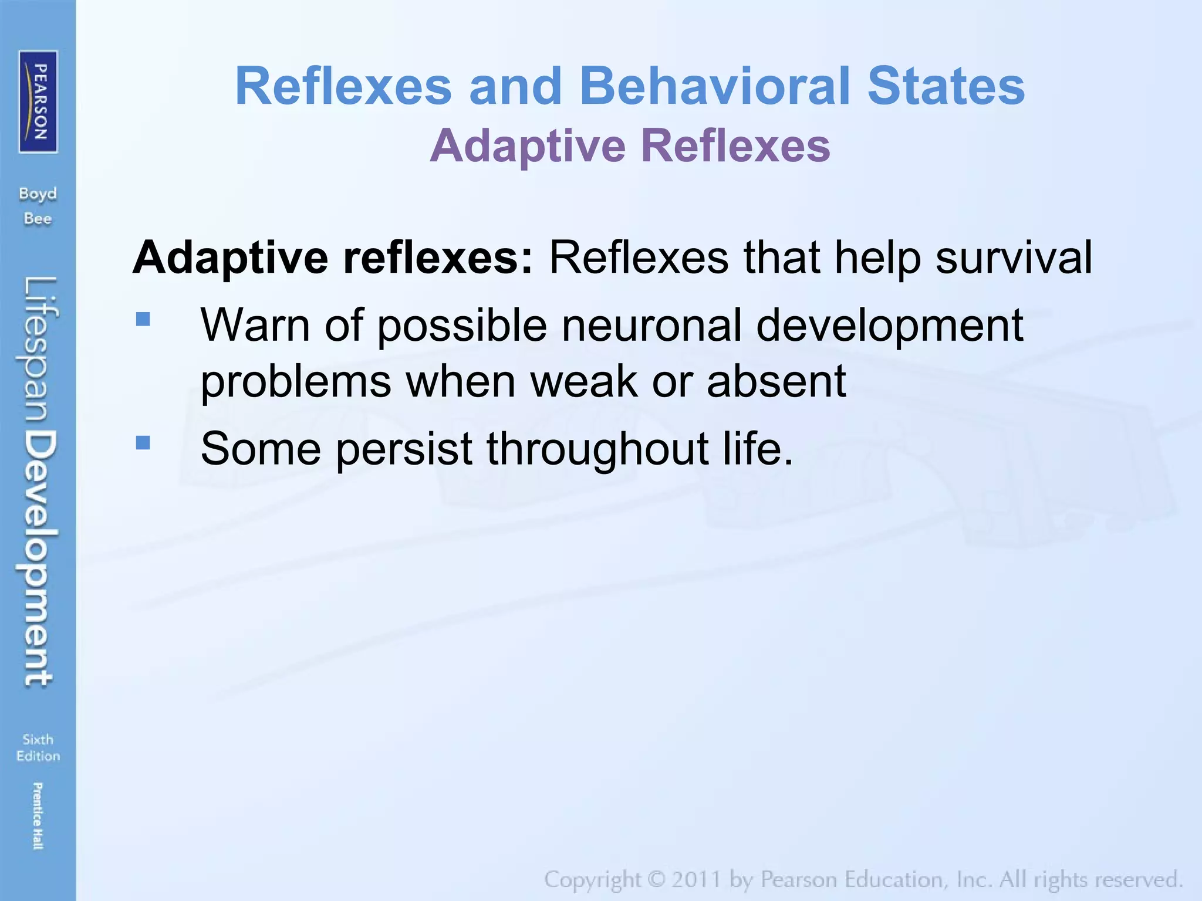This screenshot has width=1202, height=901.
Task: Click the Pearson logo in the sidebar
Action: (38, 101)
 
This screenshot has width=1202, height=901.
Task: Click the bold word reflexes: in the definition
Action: (438, 258)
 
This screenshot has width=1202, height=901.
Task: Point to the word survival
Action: (1014, 258)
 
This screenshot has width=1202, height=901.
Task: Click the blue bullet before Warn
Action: (143, 319)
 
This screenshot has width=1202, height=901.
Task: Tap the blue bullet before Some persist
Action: (143, 442)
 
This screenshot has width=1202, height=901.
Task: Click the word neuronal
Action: (651, 325)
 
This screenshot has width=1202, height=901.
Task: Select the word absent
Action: (776, 381)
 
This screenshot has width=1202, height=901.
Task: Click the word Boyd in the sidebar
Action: (38, 194)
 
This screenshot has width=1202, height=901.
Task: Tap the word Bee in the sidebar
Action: (38, 219)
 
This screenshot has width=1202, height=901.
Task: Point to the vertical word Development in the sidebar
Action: (40, 557)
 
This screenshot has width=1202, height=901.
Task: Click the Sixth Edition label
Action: (38, 747)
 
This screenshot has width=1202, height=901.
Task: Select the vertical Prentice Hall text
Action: (38, 815)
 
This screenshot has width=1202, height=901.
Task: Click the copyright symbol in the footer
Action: (656, 879)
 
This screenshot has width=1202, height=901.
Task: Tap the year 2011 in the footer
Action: (697, 879)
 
